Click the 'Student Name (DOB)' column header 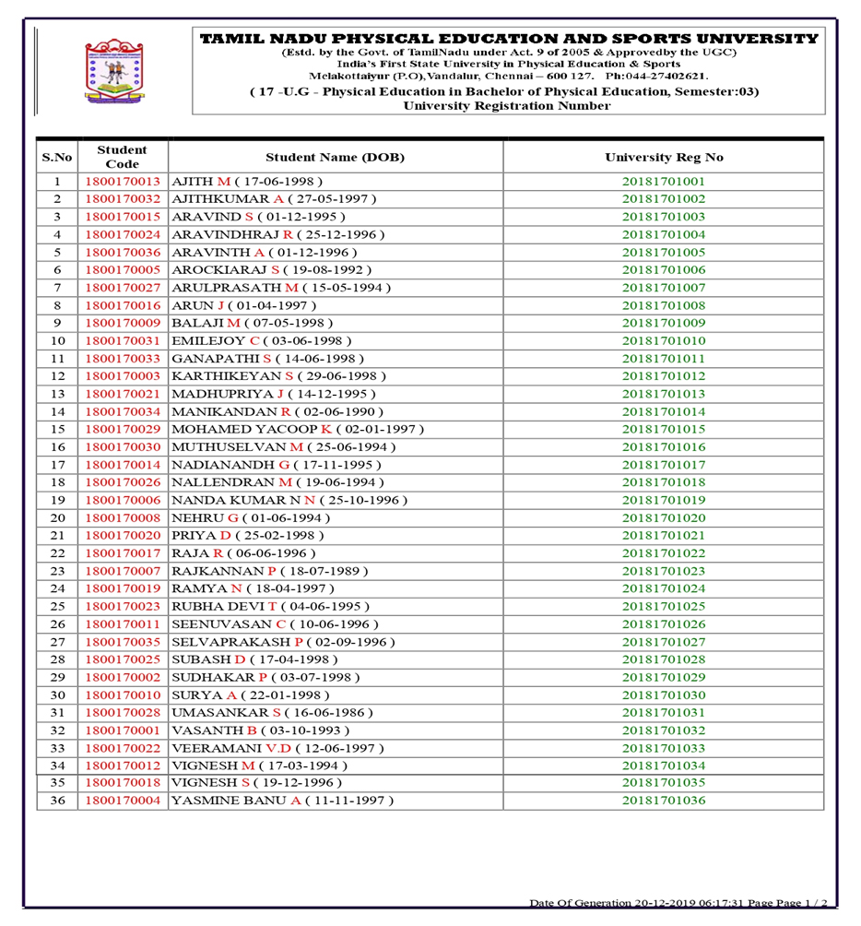pyautogui.click(x=335, y=157)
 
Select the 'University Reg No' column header pyautogui.click(x=664, y=157)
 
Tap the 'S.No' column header pyautogui.click(x=57, y=157)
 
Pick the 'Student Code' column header pyautogui.click(x=123, y=157)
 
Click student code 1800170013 pyautogui.click(x=123, y=182)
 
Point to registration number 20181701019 pyautogui.click(x=664, y=500)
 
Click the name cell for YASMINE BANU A pyautogui.click(x=282, y=801)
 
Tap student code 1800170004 pyautogui.click(x=123, y=801)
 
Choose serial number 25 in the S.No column pyautogui.click(x=57, y=606)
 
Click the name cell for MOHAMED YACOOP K pyautogui.click(x=298, y=429)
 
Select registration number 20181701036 pyautogui.click(x=664, y=801)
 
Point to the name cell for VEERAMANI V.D pyautogui.click(x=277, y=748)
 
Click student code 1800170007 pyautogui.click(x=123, y=571)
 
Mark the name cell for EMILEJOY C pyautogui.click(x=263, y=341)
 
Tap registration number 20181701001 pyautogui.click(x=664, y=182)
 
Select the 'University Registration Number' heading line pyautogui.click(x=506, y=106)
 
